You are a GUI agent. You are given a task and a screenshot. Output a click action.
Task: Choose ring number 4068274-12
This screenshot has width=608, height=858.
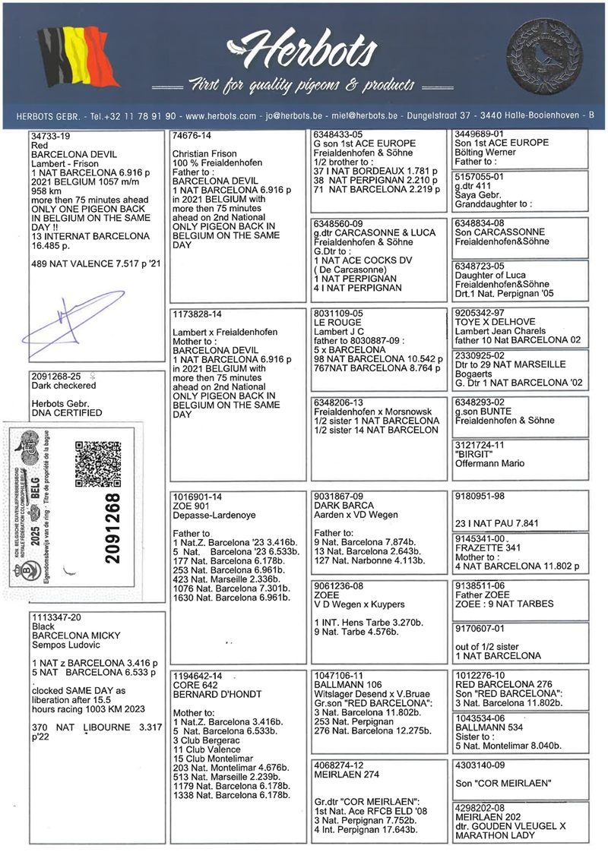tap(338, 765)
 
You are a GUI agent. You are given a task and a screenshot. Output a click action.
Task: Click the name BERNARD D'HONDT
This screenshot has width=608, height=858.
tap(217, 694)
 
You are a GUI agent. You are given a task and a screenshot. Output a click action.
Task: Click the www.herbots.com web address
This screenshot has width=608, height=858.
tap(220, 116)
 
